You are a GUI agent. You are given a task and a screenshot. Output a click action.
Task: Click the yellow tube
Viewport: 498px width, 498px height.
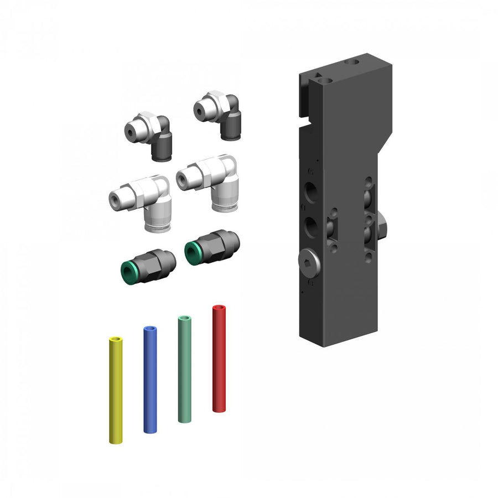(x=116, y=390)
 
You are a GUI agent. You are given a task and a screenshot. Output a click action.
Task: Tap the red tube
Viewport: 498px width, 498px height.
(x=219, y=360)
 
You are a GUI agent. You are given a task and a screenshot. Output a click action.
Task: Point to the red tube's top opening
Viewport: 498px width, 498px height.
(x=219, y=307)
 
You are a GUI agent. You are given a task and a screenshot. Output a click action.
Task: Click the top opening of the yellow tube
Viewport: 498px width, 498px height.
(x=116, y=338)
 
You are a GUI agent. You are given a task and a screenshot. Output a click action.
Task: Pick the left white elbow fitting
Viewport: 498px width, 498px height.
(x=142, y=196)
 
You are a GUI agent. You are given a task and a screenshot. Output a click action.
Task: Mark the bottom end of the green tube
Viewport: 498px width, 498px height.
(x=184, y=419)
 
